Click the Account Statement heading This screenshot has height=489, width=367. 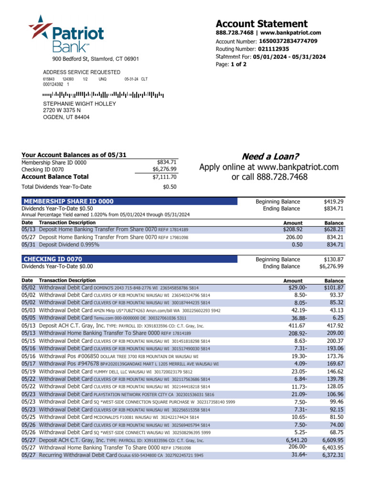(261, 24)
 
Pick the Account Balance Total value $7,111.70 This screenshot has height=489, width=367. (164, 177)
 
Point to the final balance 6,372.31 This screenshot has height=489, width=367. (333, 455)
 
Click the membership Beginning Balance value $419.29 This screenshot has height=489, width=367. (334, 202)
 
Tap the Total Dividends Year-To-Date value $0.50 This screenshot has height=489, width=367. (170, 187)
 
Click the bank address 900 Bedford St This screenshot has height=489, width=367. (95, 59)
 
